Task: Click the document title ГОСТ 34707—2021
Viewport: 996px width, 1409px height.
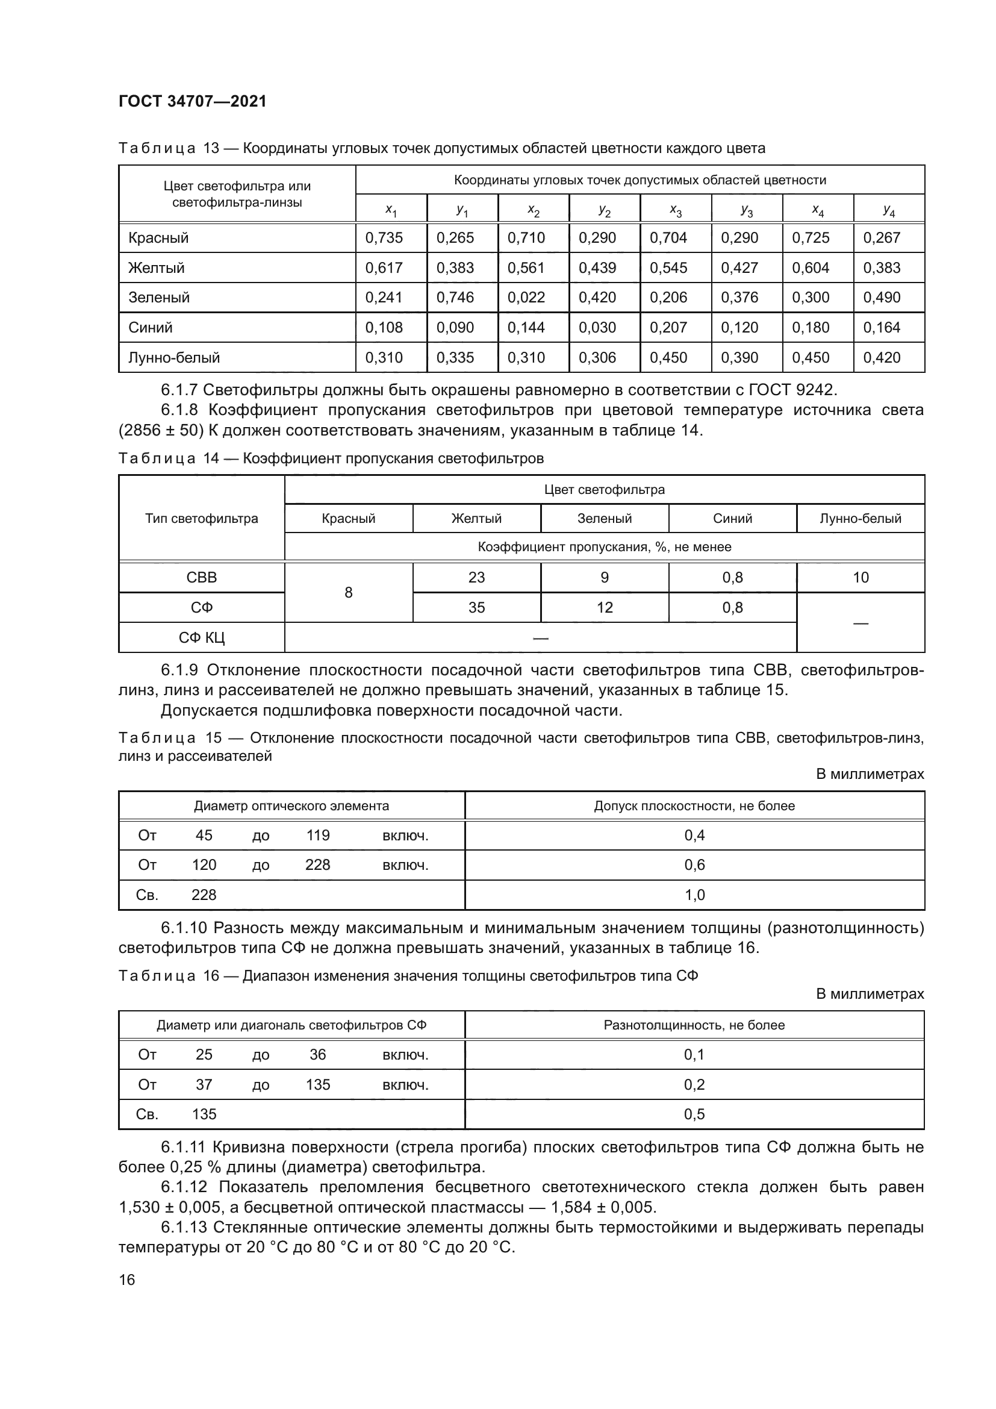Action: coord(193,101)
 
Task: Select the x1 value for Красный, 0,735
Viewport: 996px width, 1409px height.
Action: coord(384,238)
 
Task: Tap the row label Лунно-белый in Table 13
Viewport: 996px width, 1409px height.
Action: coord(173,357)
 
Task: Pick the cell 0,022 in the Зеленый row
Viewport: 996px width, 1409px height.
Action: coord(526,298)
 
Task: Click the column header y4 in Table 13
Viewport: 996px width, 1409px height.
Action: coord(889,210)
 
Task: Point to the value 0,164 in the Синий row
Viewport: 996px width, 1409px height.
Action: coord(882,328)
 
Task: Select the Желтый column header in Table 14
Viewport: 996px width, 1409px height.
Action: coord(476,519)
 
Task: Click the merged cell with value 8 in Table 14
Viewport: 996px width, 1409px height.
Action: coord(348,593)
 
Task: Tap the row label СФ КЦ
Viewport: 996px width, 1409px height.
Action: coord(202,638)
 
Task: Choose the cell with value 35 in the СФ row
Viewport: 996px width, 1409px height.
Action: coord(476,608)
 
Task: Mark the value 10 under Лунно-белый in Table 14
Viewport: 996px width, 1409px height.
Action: coord(861,578)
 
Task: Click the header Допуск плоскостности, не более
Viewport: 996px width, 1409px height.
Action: coord(694,806)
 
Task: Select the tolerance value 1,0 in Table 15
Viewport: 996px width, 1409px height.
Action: coord(694,895)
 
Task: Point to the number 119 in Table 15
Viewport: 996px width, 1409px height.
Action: coord(318,835)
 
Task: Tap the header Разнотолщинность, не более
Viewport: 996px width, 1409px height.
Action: coord(694,1025)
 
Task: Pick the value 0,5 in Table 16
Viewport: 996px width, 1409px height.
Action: coord(694,1114)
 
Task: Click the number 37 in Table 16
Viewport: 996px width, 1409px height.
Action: coord(204,1085)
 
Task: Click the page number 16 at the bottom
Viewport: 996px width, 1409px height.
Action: coord(127,1275)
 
